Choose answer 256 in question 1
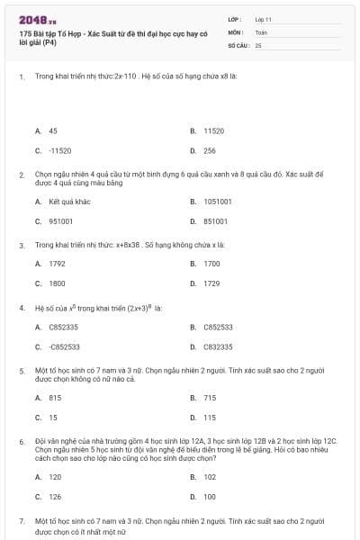(209, 150)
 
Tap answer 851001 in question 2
(215, 221)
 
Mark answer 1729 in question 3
(211, 283)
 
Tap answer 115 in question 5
(209, 417)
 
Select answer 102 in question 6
(210, 476)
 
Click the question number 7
(22, 521)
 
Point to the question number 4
(22, 307)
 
